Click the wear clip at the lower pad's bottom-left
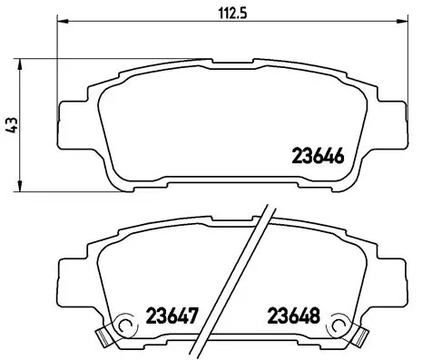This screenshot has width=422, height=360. (104, 338)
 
